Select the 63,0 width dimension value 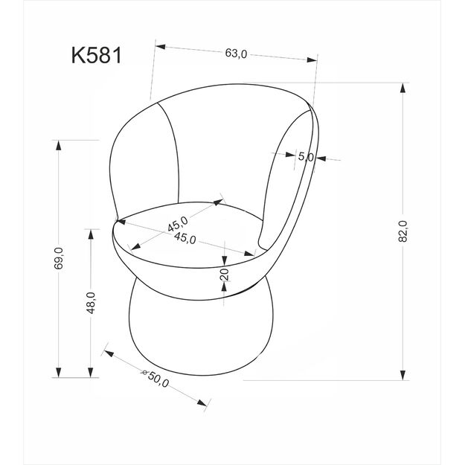click(235, 54)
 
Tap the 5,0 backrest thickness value click(306, 157)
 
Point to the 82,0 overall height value click(403, 231)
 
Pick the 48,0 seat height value click(91, 304)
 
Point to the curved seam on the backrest click(174, 153)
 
